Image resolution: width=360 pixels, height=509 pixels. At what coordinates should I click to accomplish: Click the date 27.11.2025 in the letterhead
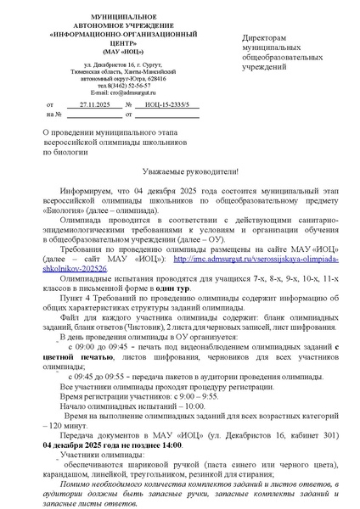point(88,103)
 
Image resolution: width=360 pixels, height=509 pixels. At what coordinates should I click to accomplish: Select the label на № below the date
point(55,115)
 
